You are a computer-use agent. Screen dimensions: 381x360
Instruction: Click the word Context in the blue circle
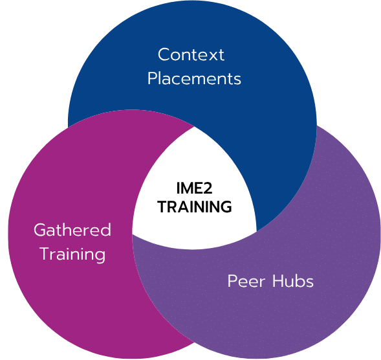191,54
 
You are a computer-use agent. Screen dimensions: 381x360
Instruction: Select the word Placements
194,78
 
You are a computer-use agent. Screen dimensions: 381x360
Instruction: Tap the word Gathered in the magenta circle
72,230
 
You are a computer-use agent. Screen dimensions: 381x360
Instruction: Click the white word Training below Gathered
72,254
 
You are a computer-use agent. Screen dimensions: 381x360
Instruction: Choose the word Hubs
293,281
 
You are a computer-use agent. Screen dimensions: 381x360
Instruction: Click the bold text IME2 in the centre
195,188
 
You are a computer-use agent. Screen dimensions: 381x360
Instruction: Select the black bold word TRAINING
195,207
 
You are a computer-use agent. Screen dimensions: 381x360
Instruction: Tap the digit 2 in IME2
208,188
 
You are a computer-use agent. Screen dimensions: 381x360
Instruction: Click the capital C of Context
164,54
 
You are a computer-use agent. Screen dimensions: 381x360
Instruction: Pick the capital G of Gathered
40,230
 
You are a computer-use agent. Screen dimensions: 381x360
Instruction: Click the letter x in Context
213,56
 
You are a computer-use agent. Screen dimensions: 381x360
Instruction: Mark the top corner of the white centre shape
195,127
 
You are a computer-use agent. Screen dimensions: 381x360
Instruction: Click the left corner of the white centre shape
132,235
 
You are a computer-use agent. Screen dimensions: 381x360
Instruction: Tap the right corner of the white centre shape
257,231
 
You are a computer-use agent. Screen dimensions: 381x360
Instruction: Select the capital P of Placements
153,78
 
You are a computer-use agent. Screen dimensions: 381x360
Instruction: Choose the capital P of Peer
232,281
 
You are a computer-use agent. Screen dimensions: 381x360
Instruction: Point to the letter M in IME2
187,188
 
